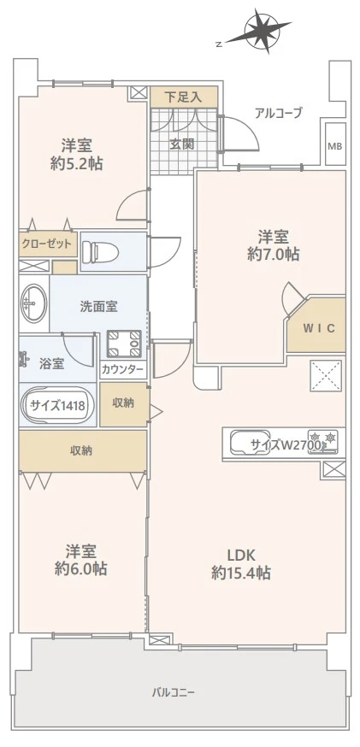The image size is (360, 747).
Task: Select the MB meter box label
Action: point(334,146)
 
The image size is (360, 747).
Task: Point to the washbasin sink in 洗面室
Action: point(33,303)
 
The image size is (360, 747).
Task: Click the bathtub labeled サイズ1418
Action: point(58,406)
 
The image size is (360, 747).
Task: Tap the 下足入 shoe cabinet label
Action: point(183,97)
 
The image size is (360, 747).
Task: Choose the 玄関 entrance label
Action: point(182,144)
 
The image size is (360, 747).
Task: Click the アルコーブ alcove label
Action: point(279,114)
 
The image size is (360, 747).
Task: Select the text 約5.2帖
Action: point(77,164)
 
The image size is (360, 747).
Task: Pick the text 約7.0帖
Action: point(274,255)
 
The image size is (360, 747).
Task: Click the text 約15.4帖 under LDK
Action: point(241,573)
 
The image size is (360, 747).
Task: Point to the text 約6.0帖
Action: point(81,569)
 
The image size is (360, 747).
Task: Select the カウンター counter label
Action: point(122,368)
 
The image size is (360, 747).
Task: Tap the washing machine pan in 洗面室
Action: point(124,344)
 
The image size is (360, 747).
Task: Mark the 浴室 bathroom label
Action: point(51,364)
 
